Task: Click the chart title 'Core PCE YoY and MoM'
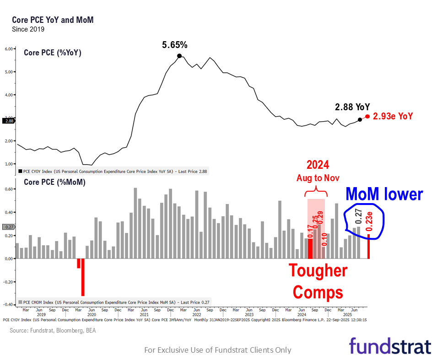(x=53, y=21)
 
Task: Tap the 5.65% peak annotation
(x=175, y=45)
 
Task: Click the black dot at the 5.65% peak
(x=179, y=56)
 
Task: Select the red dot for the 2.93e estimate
(x=367, y=116)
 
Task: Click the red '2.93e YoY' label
(x=393, y=116)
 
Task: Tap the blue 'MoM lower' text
(x=384, y=194)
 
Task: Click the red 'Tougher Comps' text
(x=318, y=281)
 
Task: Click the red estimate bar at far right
(x=369, y=247)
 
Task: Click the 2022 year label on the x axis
(x=197, y=315)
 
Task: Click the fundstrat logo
(x=390, y=346)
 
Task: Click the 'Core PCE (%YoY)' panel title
(x=52, y=53)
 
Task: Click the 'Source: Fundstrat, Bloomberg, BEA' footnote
(x=53, y=330)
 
